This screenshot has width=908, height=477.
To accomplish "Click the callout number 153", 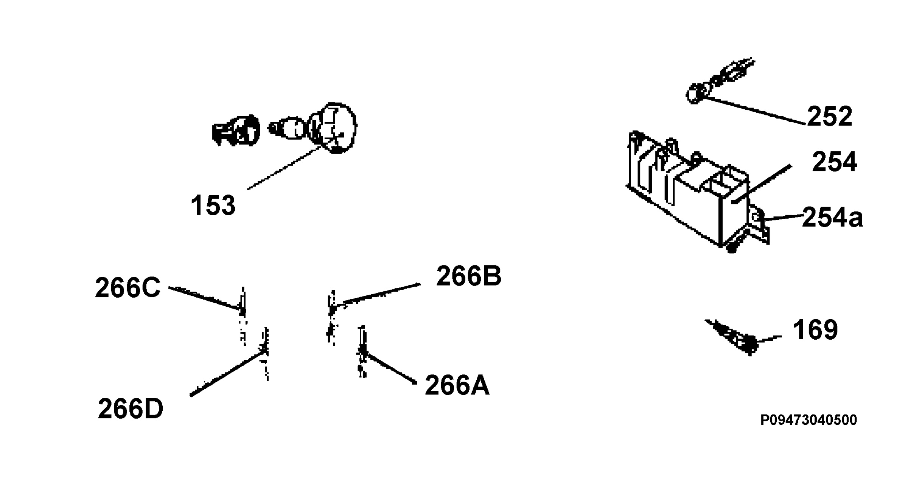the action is click(x=213, y=205).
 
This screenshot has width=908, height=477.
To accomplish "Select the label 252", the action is click(x=830, y=116).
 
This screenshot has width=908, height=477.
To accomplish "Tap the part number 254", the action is click(x=834, y=162).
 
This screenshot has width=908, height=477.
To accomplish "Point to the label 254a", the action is click(x=832, y=218).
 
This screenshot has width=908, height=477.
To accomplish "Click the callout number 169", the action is click(x=815, y=329).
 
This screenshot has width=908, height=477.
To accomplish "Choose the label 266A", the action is click(x=457, y=385).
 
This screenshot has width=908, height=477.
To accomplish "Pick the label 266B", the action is click(x=469, y=276).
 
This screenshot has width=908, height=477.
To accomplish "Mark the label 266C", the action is click(x=127, y=287).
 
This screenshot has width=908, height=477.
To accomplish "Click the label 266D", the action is click(x=131, y=409).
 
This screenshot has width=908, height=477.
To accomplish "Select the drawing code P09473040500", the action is click(x=809, y=420).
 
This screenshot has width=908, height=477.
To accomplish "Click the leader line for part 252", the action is click(x=755, y=110).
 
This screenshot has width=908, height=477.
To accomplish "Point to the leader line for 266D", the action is click(x=227, y=373).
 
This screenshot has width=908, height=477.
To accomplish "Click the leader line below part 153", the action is click(x=285, y=168).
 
